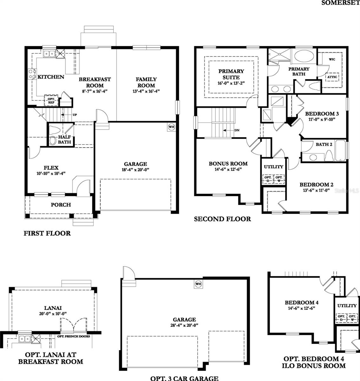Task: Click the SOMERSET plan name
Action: (341, 3)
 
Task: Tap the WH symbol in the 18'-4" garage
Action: (171, 127)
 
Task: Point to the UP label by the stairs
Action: (75, 115)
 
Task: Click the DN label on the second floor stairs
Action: (237, 130)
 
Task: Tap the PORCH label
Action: (61, 205)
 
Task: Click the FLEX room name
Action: (51, 168)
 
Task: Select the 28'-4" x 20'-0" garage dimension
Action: (184, 325)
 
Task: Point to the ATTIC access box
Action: (332, 77)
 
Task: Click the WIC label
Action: (332, 59)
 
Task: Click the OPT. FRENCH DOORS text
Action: (74, 336)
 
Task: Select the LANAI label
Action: (53, 308)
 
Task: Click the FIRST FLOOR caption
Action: (47, 233)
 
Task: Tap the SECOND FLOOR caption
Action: (222, 219)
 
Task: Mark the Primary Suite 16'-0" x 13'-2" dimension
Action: (231, 83)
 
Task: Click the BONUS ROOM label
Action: (228, 164)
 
